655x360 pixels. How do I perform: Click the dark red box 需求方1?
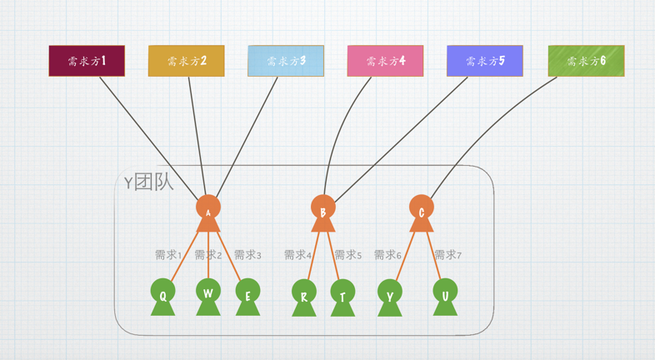tap(87, 61)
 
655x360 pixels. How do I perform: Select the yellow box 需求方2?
tap(187, 61)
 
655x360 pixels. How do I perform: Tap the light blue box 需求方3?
tap(286, 61)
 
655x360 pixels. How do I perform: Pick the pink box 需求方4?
tap(385, 61)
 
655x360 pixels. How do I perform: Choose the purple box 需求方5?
tap(485, 61)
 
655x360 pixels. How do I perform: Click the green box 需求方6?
tap(586, 61)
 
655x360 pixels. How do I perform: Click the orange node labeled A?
tap(208, 209)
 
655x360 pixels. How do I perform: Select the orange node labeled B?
tap(323, 210)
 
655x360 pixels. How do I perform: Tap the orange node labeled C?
tap(422, 210)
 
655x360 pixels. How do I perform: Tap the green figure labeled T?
tap(342, 296)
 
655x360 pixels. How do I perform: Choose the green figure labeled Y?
tap(389, 296)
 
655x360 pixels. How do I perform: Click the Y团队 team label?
tap(148, 182)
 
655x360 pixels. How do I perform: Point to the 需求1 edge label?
tap(168, 255)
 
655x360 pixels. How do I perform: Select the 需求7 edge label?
tap(447, 255)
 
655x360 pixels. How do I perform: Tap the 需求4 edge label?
tap(297, 255)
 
